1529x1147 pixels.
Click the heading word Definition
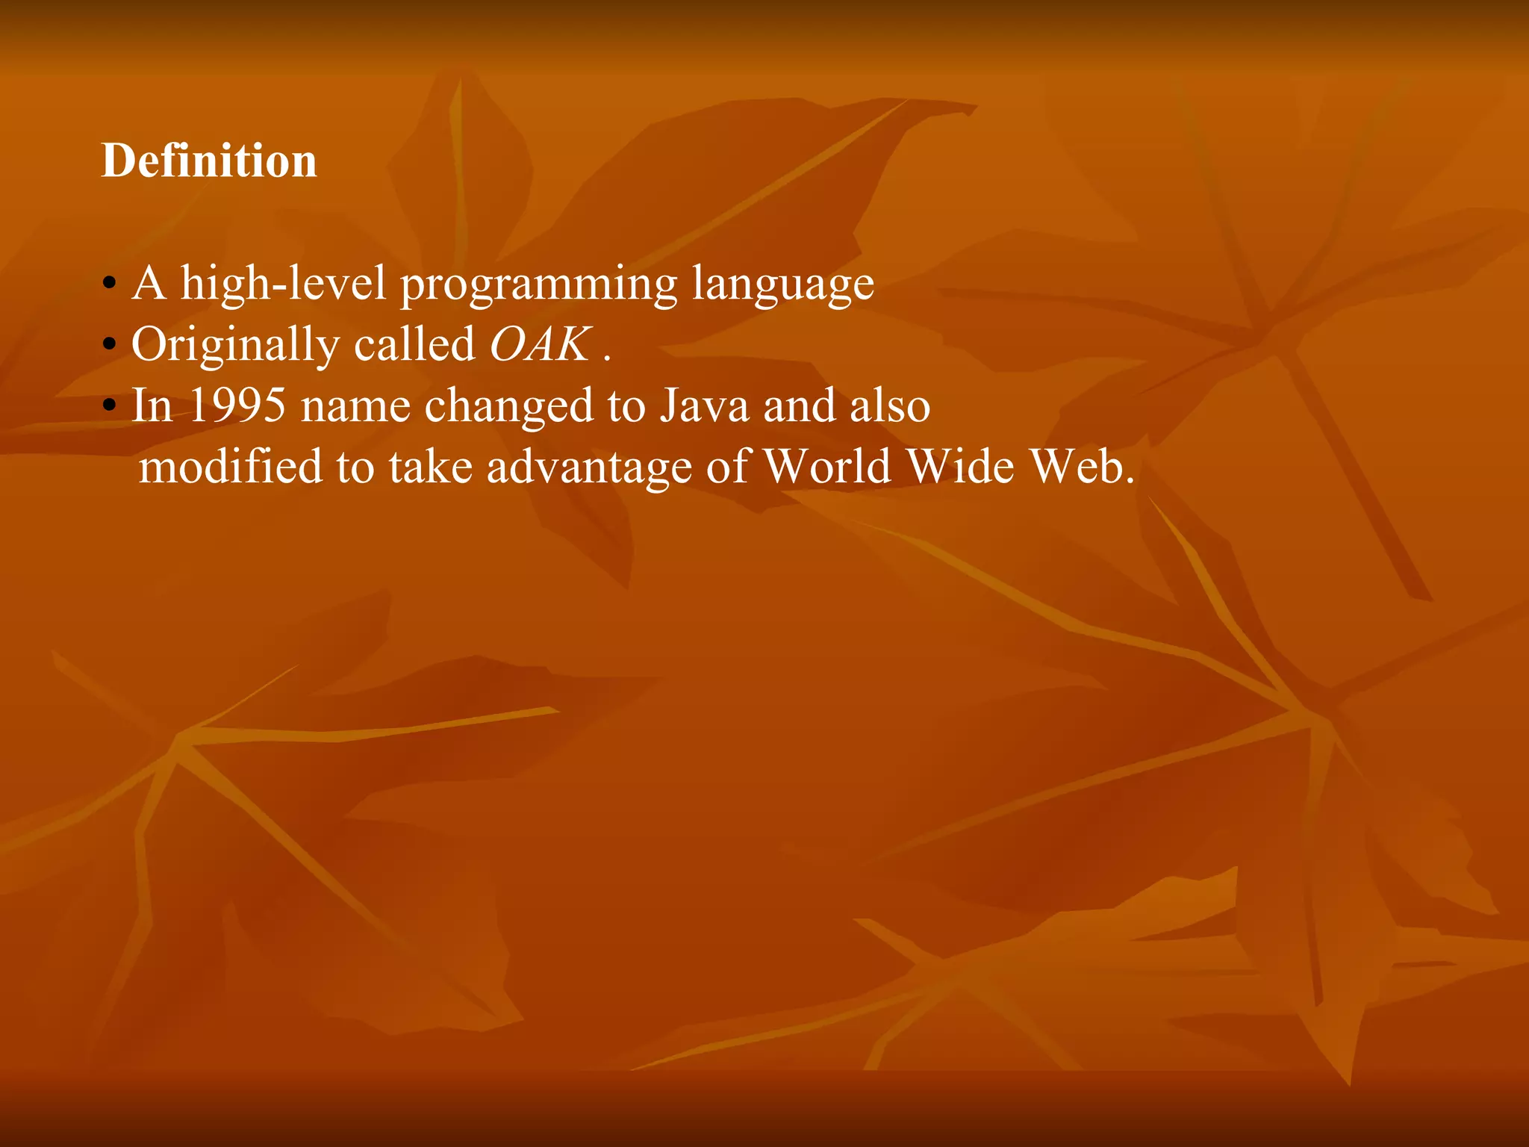(x=209, y=161)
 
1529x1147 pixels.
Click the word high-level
(x=284, y=285)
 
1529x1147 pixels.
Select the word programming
(x=539, y=285)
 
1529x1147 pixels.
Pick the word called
(x=414, y=344)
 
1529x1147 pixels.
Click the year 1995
(x=237, y=405)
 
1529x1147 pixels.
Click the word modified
(x=231, y=467)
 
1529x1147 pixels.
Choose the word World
(x=827, y=467)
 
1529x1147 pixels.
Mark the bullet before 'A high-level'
(x=110, y=285)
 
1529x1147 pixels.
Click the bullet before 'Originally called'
(x=110, y=346)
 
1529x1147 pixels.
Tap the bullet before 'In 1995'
(x=110, y=407)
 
